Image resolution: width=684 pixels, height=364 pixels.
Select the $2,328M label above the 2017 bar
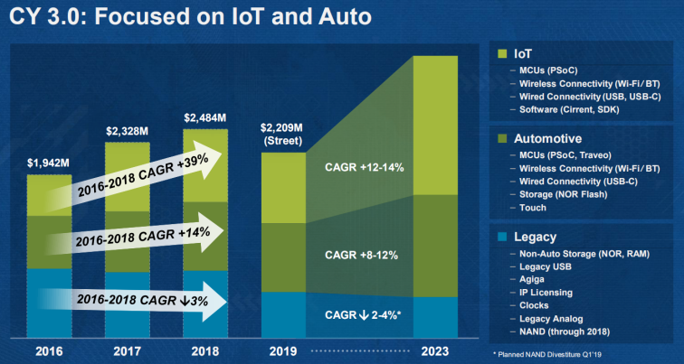pyautogui.click(x=128, y=131)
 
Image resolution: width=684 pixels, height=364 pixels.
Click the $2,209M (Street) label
pyautogui.click(x=285, y=134)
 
